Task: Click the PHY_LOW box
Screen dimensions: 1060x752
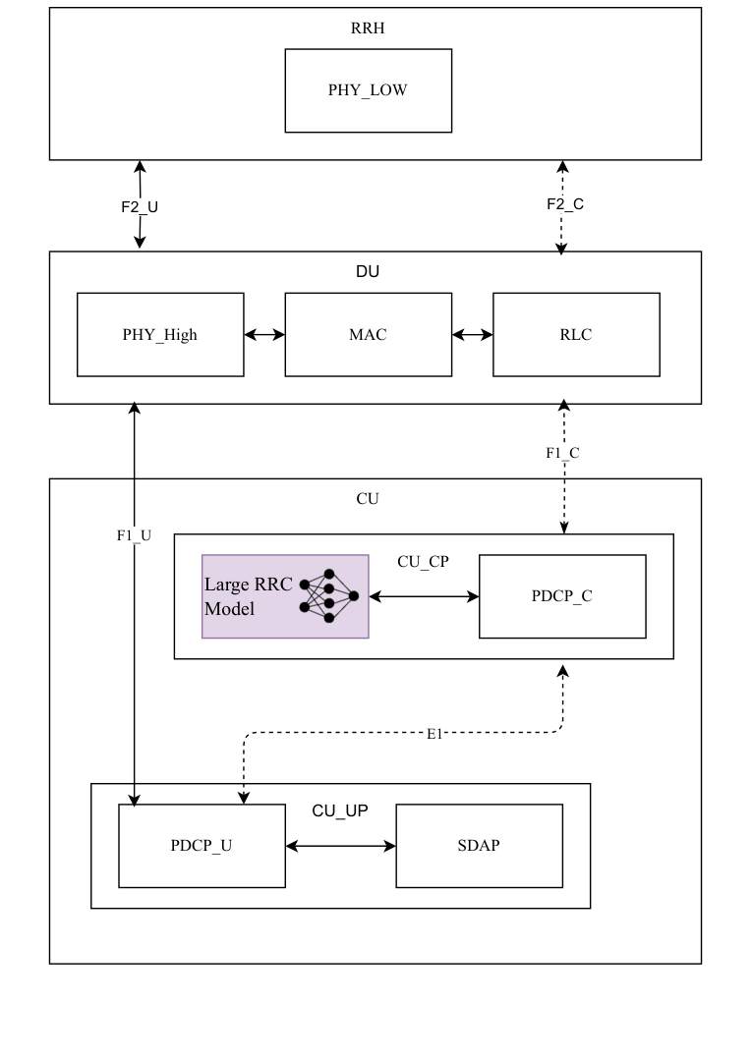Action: coord(368,90)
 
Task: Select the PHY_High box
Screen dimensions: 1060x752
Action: coord(160,334)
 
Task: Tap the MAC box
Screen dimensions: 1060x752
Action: coord(368,334)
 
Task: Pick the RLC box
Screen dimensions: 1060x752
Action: coord(576,334)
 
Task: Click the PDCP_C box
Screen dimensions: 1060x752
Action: coord(562,596)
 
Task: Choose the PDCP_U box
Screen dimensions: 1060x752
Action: coord(202,846)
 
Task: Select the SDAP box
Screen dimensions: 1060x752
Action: coord(479,846)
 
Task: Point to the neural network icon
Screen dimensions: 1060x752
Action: coord(329,595)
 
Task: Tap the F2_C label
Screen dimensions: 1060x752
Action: coord(565,204)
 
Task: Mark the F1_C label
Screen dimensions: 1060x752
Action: coord(563,453)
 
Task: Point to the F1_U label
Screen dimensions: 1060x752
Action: coord(133,535)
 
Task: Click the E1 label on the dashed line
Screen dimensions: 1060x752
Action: coord(434,733)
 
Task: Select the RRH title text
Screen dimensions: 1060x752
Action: coord(368,28)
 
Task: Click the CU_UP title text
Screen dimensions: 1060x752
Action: coord(340,810)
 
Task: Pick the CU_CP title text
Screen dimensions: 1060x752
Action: coord(423,562)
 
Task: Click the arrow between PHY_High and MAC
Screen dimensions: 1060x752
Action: coord(264,334)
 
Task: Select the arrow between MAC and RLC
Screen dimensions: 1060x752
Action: coord(473,334)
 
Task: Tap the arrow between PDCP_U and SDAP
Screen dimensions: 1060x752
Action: coord(340,846)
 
